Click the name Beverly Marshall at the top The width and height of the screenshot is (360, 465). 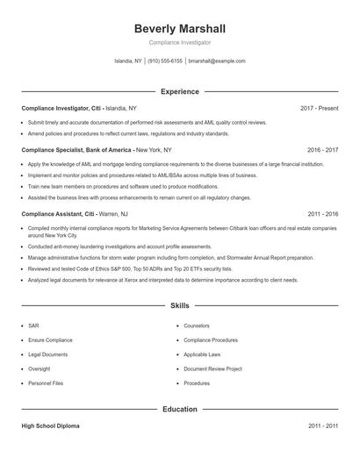179,28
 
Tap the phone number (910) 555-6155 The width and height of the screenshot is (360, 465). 165,61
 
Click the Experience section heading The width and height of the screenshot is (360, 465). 179,91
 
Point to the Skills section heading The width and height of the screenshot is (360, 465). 179,306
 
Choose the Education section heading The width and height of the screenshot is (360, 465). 179,409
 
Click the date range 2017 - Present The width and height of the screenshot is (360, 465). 319,108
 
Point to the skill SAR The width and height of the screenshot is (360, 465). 33,325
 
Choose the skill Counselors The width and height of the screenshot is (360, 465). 197,325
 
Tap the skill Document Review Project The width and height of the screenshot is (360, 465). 212,369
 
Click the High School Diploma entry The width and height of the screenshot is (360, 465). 50,426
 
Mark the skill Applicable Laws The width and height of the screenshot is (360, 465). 201,354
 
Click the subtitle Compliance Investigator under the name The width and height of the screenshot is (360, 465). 179,42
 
